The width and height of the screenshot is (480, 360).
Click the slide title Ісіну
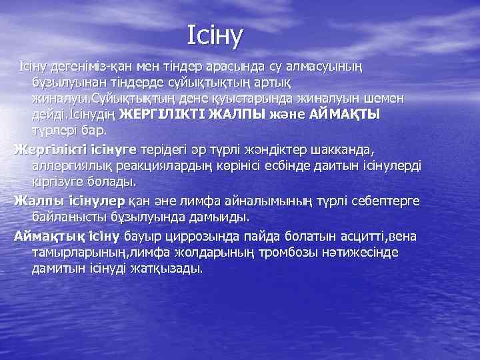tap(216, 33)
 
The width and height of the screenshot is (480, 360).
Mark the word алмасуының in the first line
tap(322, 67)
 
